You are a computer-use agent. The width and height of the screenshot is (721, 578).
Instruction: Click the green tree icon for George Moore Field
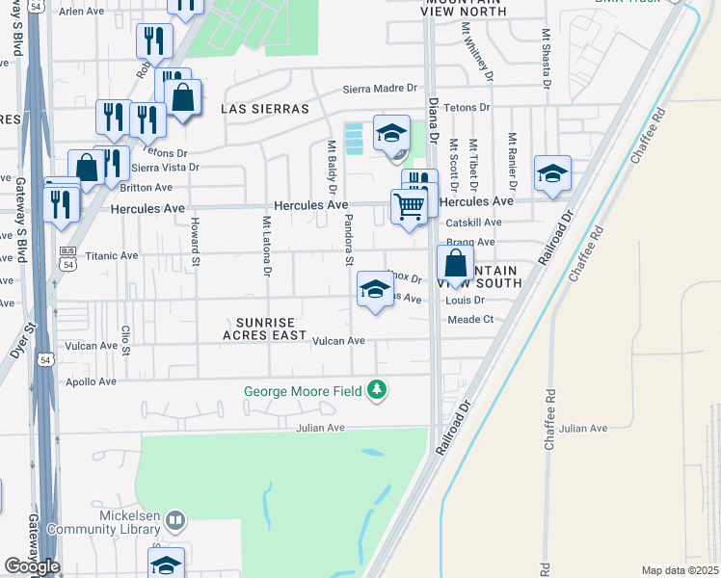tap(379, 390)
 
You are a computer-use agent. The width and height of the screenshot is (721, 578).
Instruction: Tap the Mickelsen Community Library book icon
tap(174, 521)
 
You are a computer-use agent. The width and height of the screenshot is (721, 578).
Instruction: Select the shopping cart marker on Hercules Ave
tap(410, 205)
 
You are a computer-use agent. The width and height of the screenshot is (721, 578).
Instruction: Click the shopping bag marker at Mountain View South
tap(455, 262)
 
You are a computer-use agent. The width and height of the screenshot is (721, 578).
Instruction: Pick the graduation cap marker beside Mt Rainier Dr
tap(552, 173)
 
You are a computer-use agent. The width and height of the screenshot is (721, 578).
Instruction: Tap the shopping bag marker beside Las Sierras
tap(182, 96)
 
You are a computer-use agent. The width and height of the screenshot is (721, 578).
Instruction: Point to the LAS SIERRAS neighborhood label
tap(265, 109)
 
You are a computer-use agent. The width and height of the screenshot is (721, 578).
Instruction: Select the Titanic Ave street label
tap(113, 256)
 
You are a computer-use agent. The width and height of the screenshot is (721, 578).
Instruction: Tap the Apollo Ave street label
tap(92, 381)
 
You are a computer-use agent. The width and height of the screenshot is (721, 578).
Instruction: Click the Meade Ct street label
tap(470, 319)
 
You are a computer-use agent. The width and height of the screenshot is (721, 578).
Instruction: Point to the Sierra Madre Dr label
tap(385, 90)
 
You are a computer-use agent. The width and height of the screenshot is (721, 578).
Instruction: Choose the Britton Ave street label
tap(147, 187)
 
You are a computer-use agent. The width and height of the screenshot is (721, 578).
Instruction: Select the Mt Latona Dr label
tap(266, 244)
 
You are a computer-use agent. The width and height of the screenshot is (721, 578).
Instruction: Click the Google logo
tap(32, 566)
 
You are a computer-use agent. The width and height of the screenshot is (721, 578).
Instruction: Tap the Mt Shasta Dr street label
tap(546, 61)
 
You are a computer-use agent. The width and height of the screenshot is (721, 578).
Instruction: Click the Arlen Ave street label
tap(81, 12)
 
